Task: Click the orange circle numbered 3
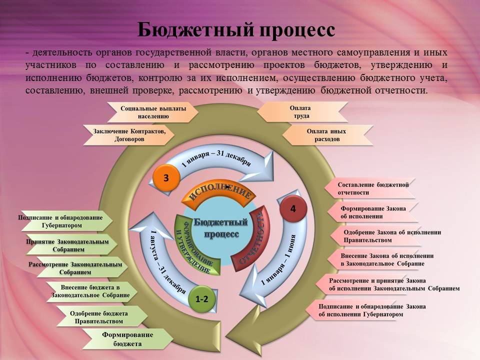coord(166,177)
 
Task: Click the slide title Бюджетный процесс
coord(236,29)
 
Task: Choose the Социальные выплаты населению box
coord(153,112)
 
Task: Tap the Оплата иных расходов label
coord(326,135)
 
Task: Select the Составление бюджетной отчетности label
coord(373,188)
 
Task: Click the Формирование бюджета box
coord(127,339)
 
